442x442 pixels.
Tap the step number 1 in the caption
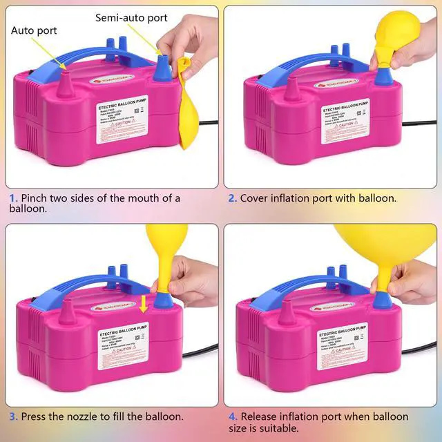click(12, 198)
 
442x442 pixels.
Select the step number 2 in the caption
click(232, 198)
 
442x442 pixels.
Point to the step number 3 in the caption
click(12, 416)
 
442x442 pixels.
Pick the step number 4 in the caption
click(233, 416)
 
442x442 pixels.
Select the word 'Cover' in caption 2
click(256, 198)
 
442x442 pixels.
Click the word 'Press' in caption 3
click(35, 416)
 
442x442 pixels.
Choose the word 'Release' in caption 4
click(261, 416)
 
